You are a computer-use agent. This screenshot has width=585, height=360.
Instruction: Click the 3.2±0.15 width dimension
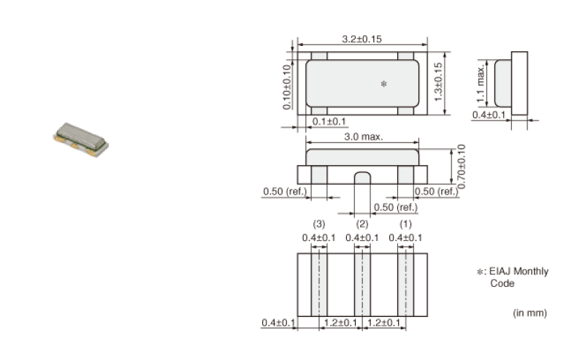[x=362, y=39]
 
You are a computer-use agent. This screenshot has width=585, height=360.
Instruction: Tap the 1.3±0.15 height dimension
[x=438, y=82]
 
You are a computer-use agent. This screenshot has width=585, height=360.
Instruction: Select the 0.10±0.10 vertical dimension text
[x=286, y=88]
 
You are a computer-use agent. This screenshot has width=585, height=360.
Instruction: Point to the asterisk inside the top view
[x=383, y=84]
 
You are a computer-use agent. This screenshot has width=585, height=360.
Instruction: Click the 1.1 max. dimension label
[x=481, y=84]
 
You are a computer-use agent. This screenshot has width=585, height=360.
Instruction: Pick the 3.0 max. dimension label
[x=364, y=137]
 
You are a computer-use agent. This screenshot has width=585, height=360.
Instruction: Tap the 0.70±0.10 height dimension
[x=461, y=166]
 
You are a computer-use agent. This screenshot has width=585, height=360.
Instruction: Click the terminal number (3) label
[x=318, y=224]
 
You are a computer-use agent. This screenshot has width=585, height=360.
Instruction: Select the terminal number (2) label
[x=362, y=224]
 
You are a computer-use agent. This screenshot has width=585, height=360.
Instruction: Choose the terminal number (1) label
[x=405, y=224]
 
